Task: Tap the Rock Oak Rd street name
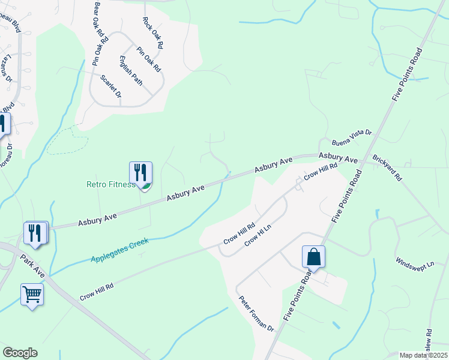[152, 32]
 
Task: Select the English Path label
[130, 70]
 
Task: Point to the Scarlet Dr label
[111, 87]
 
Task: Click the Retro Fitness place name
[110, 185]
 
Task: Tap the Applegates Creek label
[119, 250]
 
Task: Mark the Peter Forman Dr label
[256, 314]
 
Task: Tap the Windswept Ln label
[414, 264]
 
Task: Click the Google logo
[20, 353]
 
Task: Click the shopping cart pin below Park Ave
[32, 294]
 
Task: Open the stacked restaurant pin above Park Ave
[35, 232]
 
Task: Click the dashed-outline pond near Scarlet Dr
[68, 140]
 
